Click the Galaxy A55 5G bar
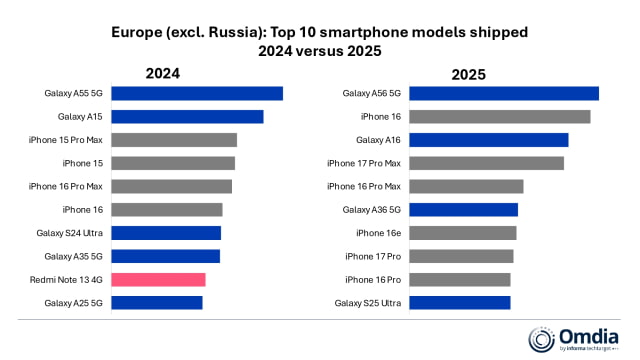pyautogui.click(x=196, y=93)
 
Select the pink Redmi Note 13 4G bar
pyautogui.click(x=158, y=279)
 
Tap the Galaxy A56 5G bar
pyautogui.click(x=504, y=93)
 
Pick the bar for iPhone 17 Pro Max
pyautogui.click(x=486, y=163)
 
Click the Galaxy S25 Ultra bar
pyautogui.click(x=460, y=302)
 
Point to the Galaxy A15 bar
pyautogui.click(x=187, y=116)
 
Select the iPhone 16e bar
pyautogui.click(x=463, y=233)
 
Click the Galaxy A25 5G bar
pyautogui.click(x=156, y=302)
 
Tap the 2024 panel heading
pyautogui.click(x=163, y=73)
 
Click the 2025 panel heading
pyautogui.click(x=467, y=73)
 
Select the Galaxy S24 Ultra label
pyautogui.click(x=70, y=233)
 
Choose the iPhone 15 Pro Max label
pyautogui.click(x=66, y=140)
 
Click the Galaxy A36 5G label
pyautogui.click(x=372, y=210)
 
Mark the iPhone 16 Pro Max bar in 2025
pyautogui.click(x=466, y=186)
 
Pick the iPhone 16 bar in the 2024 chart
pyautogui.click(x=166, y=209)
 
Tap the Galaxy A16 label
pyautogui.click(x=379, y=140)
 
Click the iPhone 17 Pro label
pyautogui.click(x=373, y=256)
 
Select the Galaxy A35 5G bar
pyautogui.click(x=165, y=256)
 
